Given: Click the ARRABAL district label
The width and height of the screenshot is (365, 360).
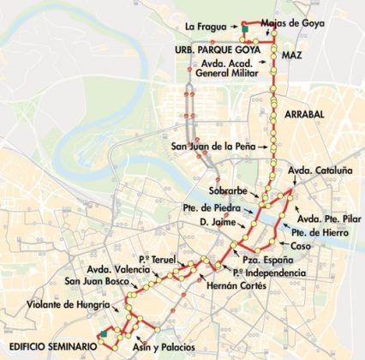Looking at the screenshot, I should point(304,112).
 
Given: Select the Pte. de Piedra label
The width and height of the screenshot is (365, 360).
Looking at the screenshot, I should point(225,208).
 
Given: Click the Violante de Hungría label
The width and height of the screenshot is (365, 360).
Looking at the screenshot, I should point(68,305).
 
